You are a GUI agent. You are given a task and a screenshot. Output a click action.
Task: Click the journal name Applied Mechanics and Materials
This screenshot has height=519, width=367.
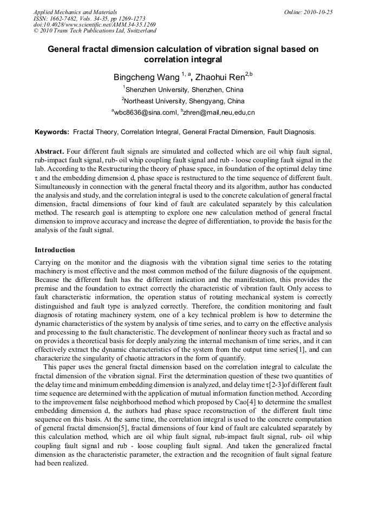pyautogui.click(x=75, y=11)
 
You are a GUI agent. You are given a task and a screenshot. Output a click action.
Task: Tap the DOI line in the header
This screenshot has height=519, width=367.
pyautogui.click(x=95, y=24)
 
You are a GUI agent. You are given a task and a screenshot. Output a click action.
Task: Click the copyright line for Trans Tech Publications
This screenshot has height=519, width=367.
pyautogui.click(x=95, y=31)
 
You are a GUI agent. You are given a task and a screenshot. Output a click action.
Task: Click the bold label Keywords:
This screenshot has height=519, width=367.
pyautogui.click(x=52, y=132)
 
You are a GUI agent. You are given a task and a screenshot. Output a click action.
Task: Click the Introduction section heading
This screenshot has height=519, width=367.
pyautogui.click(x=55, y=250)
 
